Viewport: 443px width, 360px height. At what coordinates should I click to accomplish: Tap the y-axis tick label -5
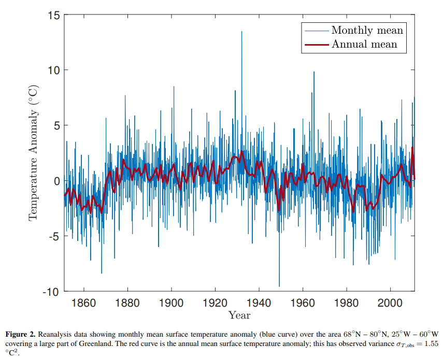[52, 236]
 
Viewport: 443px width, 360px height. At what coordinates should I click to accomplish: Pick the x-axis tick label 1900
[171, 303]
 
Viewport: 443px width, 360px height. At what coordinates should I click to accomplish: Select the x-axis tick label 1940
[259, 303]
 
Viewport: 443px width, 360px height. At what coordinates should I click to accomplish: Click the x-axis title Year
[239, 315]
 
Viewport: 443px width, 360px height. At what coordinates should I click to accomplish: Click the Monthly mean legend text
[367, 30]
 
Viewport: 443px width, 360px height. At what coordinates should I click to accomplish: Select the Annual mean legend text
[364, 44]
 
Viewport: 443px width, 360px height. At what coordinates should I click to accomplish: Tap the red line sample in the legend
[316, 45]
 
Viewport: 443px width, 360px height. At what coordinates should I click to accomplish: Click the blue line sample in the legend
[316, 31]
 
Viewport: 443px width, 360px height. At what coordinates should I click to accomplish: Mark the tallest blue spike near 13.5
[241, 32]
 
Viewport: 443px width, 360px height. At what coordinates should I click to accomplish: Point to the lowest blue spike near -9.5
[279, 285]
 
